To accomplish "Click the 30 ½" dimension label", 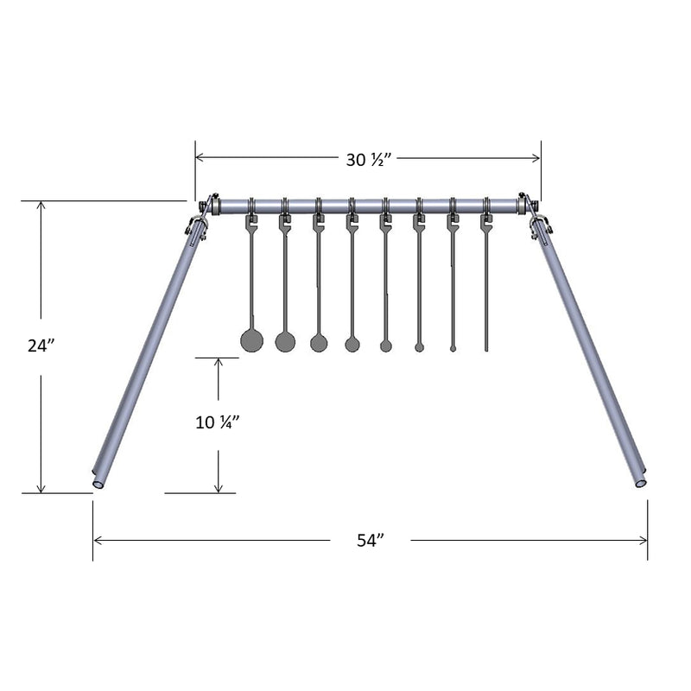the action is (x=369, y=160).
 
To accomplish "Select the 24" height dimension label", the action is (x=41, y=346).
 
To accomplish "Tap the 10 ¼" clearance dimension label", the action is (x=218, y=422).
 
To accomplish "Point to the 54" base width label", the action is (x=371, y=541).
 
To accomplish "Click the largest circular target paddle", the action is (x=251, y=340).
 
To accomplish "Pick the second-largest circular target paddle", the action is (x=285, y=342).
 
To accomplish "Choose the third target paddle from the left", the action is (x=319, y=343).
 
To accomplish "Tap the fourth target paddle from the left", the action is (x=352, y=344).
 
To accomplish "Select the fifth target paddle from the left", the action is (x=385, y=346).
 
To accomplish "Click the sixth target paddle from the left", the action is (x=419, y=348).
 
